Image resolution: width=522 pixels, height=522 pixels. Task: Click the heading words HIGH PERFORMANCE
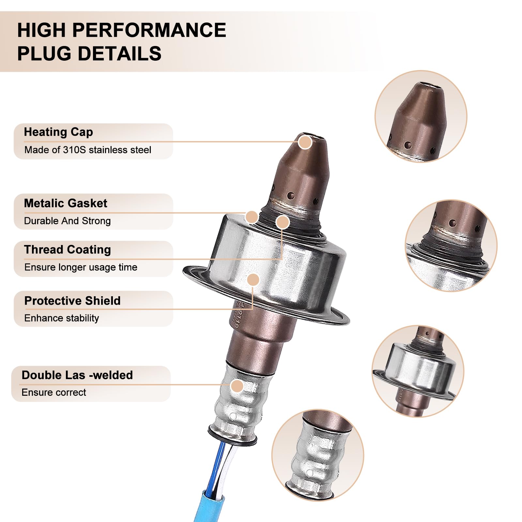[x=121, y=30]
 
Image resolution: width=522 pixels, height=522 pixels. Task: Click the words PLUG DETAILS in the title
[x=89, y=54]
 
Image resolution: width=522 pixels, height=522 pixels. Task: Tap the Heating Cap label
[x=58, y=132]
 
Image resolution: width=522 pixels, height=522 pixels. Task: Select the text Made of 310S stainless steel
[x=88, y=150]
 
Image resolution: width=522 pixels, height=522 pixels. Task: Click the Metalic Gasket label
[x=66, y=203]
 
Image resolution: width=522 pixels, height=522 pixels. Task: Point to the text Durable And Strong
[x=68, y=221]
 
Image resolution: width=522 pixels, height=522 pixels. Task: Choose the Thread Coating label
[x=68, y=250]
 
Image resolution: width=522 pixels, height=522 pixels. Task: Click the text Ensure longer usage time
[x=81, y=267]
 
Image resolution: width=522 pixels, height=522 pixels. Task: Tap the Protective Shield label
[x=72, y=300]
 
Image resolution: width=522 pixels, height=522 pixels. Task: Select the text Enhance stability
[x=62, y=318]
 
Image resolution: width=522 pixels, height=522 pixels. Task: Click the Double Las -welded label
[x=77, y=375]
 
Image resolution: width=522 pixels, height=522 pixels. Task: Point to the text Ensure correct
[x=54, y=392]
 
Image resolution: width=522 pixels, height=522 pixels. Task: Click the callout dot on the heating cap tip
[x=305, y=142]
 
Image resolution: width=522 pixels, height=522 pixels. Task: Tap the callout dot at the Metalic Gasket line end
[x=252, y=217]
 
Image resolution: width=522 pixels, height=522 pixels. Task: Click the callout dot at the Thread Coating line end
[x=283, y=222]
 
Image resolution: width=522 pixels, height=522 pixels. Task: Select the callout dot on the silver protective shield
[x=253, y=280]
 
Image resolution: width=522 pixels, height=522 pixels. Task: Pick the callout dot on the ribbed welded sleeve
[x=237, y=386]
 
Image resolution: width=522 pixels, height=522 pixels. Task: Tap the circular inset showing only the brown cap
[x=421, y=116]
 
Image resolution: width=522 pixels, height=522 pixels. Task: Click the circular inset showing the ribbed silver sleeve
[x=318, y=455]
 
